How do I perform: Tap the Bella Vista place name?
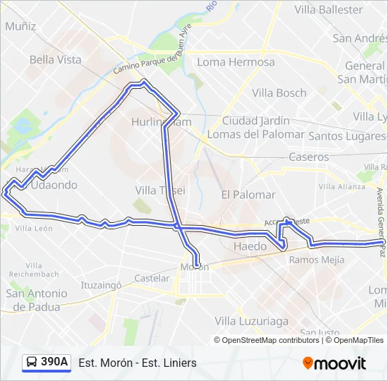56,60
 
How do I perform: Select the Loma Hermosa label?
236,62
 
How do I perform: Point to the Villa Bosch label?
279,92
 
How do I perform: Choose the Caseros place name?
309,157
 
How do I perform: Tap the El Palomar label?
248,194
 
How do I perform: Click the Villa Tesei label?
160,190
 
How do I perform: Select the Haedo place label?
250,246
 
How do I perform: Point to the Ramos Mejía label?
317,260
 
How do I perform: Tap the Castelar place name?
152,279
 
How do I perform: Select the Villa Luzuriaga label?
252,321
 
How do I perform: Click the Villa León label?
34,228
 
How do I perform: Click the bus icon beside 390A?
32,363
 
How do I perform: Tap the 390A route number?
54,363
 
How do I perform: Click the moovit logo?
334,363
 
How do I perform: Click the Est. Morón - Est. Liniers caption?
138,363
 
